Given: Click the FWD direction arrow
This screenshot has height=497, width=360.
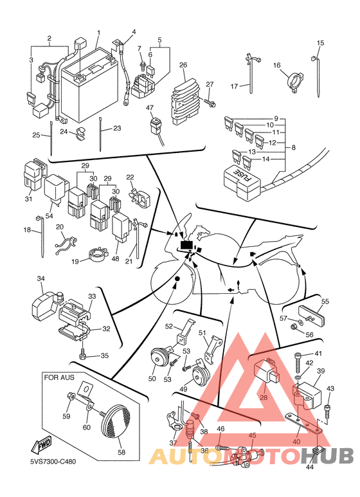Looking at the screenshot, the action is point(40,446).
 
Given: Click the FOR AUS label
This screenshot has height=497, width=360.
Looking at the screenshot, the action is point(59,377).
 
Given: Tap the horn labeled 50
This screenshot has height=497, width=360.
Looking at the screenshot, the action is point(157,359).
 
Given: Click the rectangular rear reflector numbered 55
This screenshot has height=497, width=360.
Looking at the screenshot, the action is point(312,315).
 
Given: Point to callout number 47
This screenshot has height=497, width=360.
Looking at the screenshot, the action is point(150,108).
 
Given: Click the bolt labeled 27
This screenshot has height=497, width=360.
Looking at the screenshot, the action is point(210,103).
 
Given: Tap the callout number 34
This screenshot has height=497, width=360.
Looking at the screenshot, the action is point(40,278).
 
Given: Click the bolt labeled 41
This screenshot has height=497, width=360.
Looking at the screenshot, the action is point(298,364).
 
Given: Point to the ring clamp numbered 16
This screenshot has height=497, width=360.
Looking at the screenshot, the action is point(295,82).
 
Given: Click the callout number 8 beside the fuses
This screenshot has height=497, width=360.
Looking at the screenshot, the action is point(293,147).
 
